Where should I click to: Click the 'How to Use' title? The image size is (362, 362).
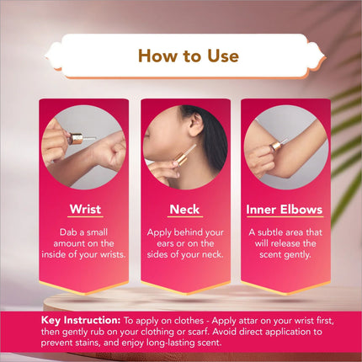coord(189,56)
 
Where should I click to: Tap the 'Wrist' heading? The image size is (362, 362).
coord(85,209)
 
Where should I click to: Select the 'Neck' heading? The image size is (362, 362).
coord(184,210)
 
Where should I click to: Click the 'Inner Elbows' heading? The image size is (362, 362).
coord(285,210)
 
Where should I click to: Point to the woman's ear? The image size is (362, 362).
coord(196,123)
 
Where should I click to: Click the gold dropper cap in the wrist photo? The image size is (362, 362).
coord(75,139)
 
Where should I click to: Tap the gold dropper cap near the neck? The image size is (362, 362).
coord(181,159)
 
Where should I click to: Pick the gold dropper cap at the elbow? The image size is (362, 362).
coord(275,146)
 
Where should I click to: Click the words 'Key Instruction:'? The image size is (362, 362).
coord(81,320)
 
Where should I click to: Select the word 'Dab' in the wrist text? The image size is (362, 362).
coord(67,232)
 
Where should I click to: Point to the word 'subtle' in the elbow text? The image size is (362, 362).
coord(270,232)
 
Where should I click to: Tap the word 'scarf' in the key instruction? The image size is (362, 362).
coord(196,332)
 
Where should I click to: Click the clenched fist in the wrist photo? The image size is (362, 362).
coord(110,152)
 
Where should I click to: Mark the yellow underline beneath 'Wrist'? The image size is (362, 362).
coord(85,216)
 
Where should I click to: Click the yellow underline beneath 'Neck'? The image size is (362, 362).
coord(184,216)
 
